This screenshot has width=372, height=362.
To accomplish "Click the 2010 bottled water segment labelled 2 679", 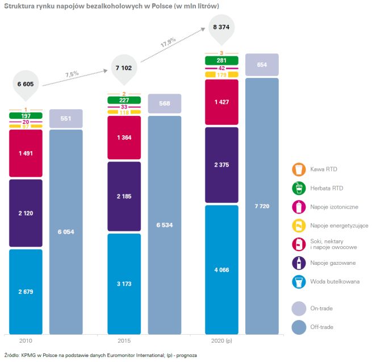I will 26,291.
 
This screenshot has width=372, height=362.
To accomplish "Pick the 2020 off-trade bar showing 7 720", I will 262,205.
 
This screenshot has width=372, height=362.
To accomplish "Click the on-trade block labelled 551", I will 66,118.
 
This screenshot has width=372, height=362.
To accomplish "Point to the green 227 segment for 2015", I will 125,101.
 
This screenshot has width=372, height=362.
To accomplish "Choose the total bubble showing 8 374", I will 221,28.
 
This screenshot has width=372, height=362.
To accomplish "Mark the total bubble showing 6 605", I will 26,84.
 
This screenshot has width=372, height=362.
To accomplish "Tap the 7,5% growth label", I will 72,74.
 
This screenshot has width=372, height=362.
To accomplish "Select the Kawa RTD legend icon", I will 298,169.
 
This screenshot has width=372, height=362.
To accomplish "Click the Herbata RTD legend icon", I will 298,188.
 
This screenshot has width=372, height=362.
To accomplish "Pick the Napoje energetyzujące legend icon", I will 298,226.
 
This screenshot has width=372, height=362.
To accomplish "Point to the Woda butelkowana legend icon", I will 298,281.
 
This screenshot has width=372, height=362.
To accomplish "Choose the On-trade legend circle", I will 298,309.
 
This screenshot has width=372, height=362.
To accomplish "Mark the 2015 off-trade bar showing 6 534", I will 165,224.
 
